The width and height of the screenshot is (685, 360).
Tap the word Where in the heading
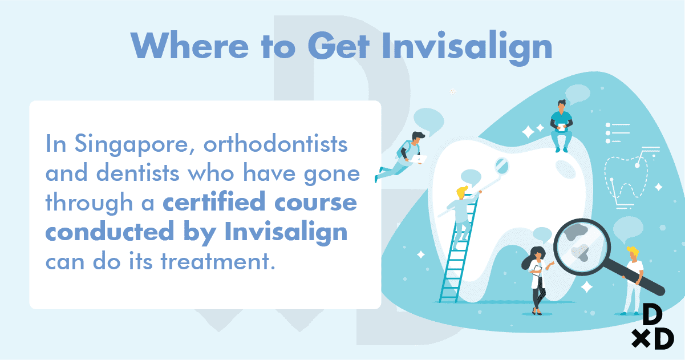point(189,45)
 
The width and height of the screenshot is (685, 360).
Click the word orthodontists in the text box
point(275,143)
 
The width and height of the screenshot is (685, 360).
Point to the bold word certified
point(214,201)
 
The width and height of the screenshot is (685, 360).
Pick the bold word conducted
point(110,231)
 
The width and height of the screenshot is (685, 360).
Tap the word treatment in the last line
point(218,261)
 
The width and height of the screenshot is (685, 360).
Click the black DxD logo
point(653,326)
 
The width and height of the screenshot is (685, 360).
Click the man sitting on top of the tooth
point(561,126)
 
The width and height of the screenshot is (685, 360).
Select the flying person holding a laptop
point(401,156)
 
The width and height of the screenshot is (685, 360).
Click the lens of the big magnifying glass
point(582,247)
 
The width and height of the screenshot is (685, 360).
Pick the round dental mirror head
point(501,166)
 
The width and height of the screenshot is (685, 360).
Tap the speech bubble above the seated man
point(577,94)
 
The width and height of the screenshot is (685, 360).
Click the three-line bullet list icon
point(618,133)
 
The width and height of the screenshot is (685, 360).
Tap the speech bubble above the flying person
point(429,122)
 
